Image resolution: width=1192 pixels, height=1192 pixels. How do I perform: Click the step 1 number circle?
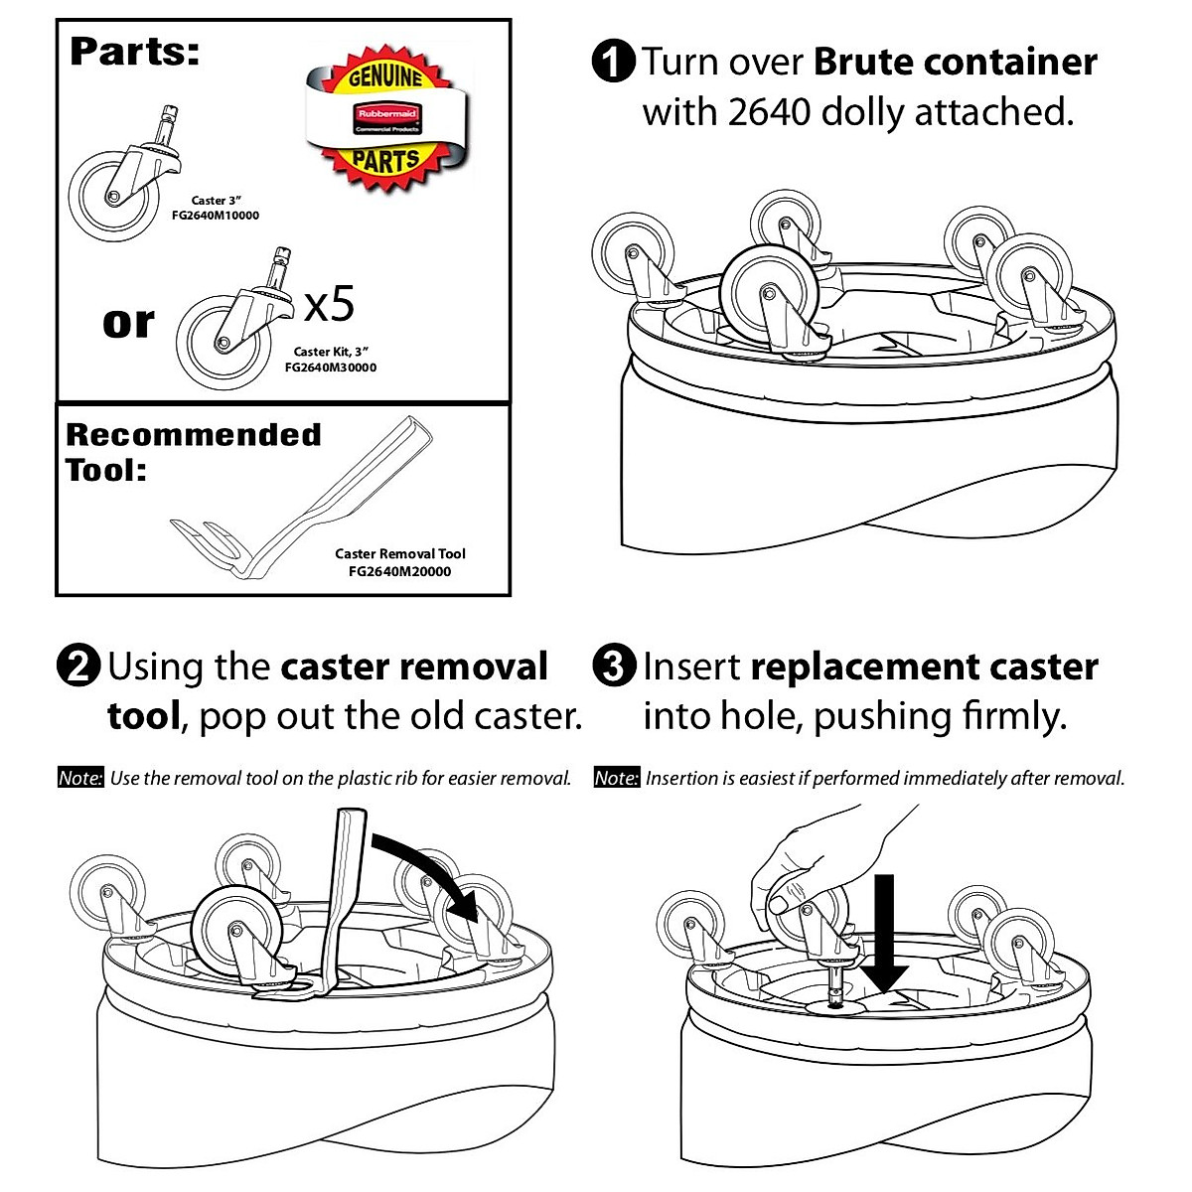pos(612,62)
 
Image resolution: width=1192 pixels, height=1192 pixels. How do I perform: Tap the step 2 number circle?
pos(78,666)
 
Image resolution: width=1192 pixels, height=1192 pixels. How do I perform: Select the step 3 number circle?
pos(613,666)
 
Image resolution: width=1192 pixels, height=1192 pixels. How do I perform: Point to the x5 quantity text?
pos(329,304)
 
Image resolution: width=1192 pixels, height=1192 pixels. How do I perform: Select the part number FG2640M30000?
pos(330,368)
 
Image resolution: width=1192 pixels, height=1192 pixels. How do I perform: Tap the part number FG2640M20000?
pos(399,571)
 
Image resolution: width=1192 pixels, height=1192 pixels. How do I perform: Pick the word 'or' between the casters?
pos(128,322)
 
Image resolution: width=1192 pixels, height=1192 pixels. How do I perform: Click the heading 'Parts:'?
pos(134,52)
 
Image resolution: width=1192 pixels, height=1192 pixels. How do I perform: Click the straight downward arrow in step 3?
pos(883,934)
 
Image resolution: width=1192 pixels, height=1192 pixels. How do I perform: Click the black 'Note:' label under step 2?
pos(79,778)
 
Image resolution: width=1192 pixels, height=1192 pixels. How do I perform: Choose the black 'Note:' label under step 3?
pos(615,778)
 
